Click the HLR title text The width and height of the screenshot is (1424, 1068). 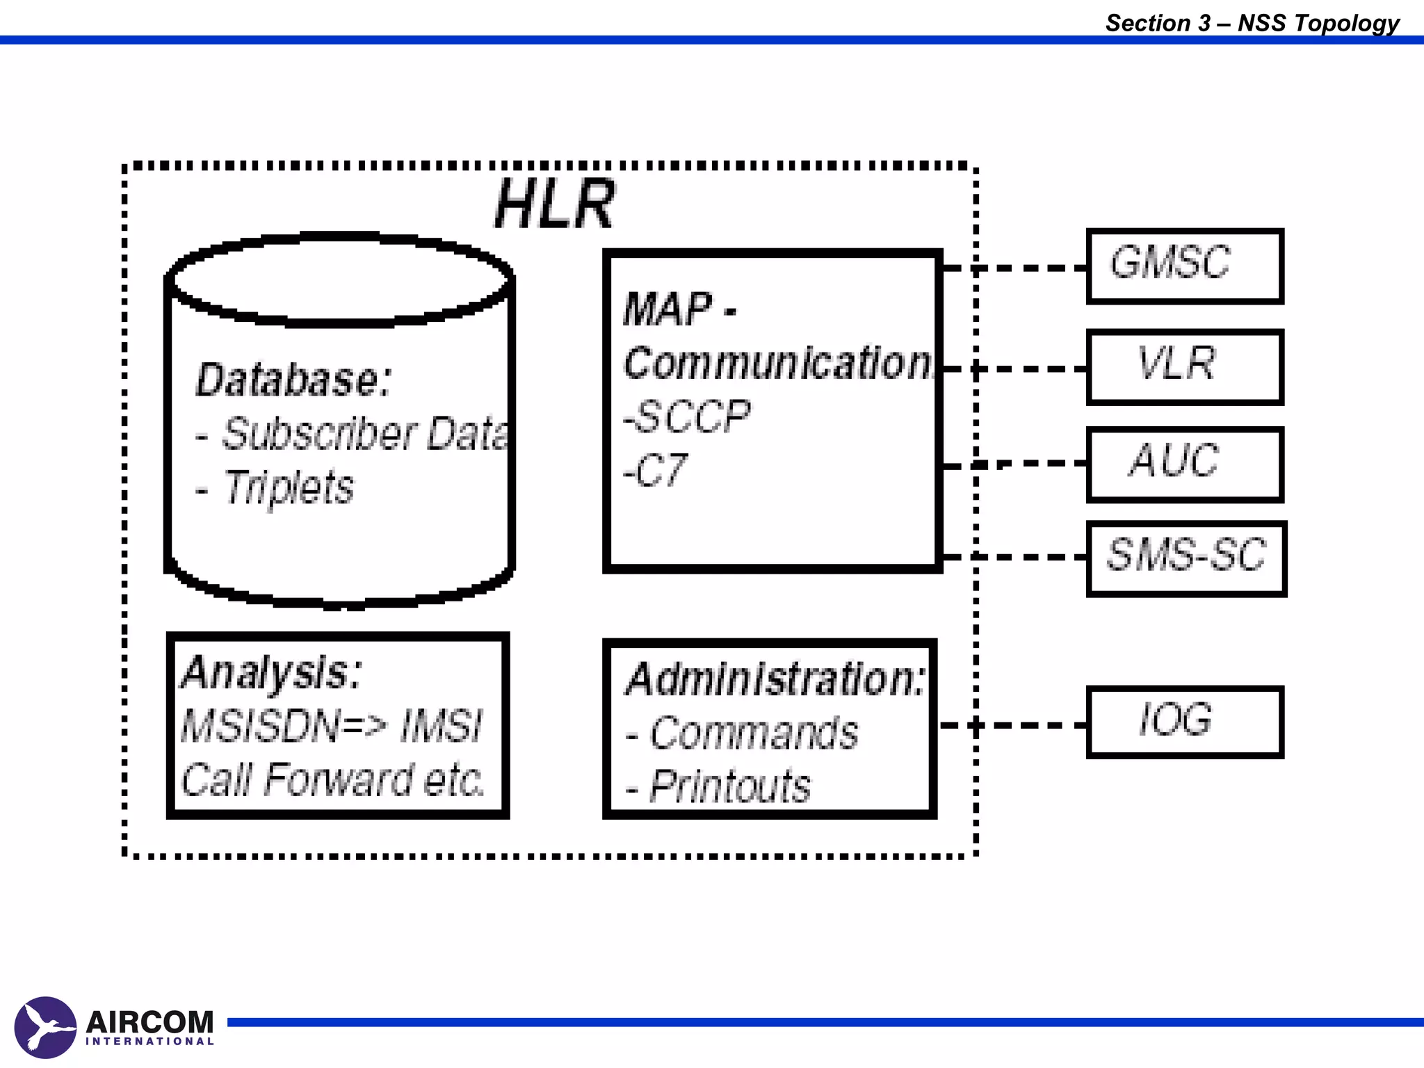coord(554,204)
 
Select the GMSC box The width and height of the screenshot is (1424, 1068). coord(1184,266)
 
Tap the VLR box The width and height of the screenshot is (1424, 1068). coord(1184,366)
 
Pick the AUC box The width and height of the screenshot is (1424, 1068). coord(1184,464)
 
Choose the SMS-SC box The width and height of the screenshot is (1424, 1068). coord(1186,558)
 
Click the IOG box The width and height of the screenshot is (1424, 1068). coord(1184,722)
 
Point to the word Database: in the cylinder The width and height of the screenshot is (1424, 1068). coord(293,380)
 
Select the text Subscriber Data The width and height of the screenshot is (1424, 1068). coord(364,434)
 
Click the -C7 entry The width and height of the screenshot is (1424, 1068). coord(656,471)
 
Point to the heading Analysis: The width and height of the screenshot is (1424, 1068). coord(271,672)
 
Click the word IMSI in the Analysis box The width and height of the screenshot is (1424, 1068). coord(441,726)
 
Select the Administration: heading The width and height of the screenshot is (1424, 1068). coord(775,679)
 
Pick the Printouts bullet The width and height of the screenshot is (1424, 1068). coord(729,786)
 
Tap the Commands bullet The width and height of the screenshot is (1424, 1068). coord(753,733)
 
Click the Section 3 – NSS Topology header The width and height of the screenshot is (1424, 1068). coord(1252,23)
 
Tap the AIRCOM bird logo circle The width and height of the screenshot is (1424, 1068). coord(45,1026)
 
